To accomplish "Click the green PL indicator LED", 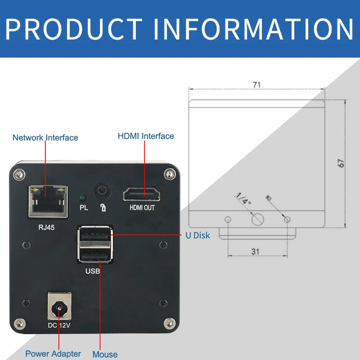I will point(83,197).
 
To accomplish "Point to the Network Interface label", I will point(45,138).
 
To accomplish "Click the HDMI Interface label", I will point(146,136).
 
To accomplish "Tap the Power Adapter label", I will point(53,354).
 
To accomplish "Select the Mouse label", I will point(105,355).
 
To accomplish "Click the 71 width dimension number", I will point(256,84).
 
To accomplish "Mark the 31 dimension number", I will point(255,252).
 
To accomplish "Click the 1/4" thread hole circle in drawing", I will point(257,219).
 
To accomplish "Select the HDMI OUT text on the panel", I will point(142,208).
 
